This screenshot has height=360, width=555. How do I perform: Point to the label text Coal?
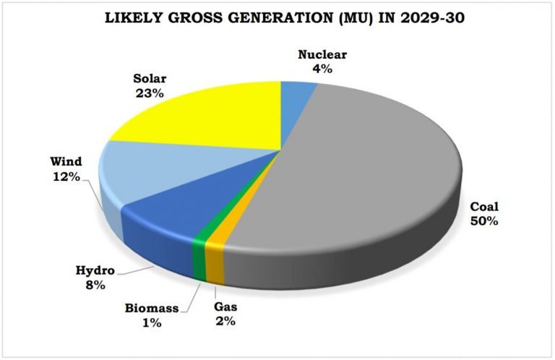coord(483,207)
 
